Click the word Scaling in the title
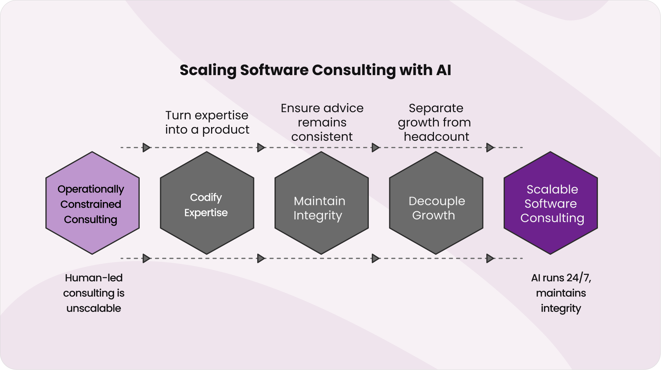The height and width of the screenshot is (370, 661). (x=208, y=70)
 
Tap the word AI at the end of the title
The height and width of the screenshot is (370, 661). (x=444, y=70)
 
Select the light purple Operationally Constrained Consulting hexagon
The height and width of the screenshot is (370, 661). (x=92, y=203)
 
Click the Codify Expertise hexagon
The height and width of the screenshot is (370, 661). (x=207, y=203)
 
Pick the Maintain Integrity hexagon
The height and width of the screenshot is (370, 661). (x=321, y=203)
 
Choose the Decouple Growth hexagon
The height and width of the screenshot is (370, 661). (x=436, y=203)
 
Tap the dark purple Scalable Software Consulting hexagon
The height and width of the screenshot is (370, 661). (x=550, y=203)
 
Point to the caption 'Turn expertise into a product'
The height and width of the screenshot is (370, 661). (x=207, y=122)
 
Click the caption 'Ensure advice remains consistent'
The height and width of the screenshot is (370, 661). (x=322, y=122)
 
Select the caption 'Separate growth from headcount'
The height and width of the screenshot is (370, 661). (x=436, y=122)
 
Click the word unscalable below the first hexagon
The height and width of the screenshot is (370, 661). (x=94, y=308)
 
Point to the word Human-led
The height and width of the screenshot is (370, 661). (x=94, y=278)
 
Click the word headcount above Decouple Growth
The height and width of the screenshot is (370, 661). (x=436, y=137)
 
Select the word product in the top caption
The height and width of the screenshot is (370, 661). (x=226, y=129)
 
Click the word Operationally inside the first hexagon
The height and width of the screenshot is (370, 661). (x=91, y=189)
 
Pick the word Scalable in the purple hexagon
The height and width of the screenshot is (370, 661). (x=552, y=189)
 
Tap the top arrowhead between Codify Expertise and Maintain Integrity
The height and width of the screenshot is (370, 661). (x=261, y=147)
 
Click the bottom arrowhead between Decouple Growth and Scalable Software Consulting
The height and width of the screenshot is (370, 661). (x=490, y=258)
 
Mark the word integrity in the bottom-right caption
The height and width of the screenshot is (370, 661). (x=561, y=308)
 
